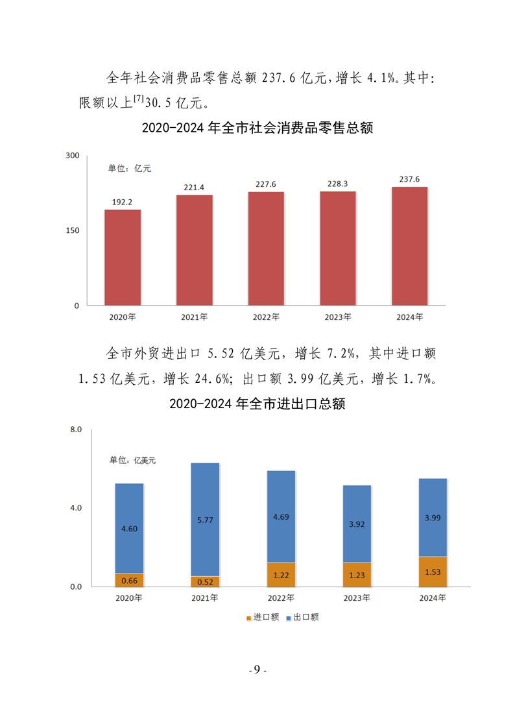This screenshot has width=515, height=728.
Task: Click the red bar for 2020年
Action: pos(123,257)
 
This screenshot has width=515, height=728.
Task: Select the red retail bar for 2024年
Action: pos(409,246)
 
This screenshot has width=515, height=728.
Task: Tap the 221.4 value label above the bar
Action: pos(194,188)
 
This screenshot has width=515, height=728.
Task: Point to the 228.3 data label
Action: pos(337,184)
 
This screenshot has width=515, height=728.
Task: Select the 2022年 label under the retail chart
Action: pos(266,317)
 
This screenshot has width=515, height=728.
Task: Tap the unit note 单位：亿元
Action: pos(129,169)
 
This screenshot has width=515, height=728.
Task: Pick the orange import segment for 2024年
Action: pos(429,572)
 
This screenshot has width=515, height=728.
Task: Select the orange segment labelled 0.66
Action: pos(129,580)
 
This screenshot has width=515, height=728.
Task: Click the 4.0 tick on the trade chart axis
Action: pos(75,508)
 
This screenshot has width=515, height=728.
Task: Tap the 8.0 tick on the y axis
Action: pos(75,430)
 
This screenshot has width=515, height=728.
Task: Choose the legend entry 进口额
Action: pos(262,617)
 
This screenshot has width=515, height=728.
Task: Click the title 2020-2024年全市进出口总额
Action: pos(257,404)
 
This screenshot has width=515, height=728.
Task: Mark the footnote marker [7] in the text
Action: pos(139,98)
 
